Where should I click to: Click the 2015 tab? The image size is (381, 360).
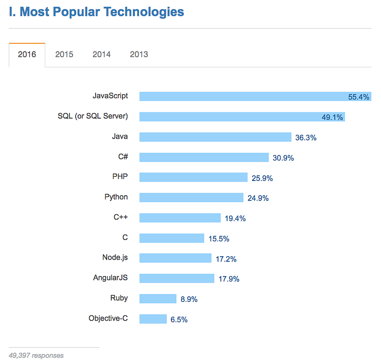tap(64, 54)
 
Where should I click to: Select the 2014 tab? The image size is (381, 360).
tap(101, 54)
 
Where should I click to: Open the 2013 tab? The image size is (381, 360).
tap(139, 54)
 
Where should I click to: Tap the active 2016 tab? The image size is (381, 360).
tap(27, 54)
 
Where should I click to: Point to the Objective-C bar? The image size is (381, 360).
tap(153, 319)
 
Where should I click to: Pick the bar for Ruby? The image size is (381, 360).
tap(158, 299)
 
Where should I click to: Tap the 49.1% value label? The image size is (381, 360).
tap(332, 117)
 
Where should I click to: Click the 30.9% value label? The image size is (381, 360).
tap(283, 158)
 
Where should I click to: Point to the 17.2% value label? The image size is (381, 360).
tap(226, 259)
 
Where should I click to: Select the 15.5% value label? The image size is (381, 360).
tap(219, 239)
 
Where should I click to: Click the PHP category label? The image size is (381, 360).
tap(120, 177)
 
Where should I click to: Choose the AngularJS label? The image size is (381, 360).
tap(110, 278)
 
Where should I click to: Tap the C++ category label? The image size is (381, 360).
tap(120, 217)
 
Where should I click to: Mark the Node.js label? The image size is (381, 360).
tap(115, 258)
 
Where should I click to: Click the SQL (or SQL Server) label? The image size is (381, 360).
tap(93, 116)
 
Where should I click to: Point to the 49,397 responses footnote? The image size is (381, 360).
tap(36, 355)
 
